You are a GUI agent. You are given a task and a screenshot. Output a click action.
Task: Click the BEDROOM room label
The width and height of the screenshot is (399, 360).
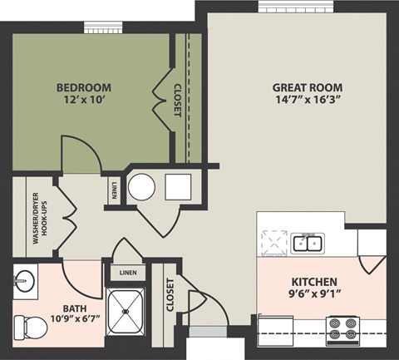(x=84, y=87)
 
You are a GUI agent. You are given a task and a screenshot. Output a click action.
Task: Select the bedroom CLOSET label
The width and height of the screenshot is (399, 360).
(x=177, y=100)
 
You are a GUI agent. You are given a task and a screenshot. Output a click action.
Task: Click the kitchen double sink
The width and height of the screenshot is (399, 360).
(x=308, y=243)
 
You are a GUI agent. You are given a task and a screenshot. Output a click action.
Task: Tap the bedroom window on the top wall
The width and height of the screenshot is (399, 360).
(x=101, y=28)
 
